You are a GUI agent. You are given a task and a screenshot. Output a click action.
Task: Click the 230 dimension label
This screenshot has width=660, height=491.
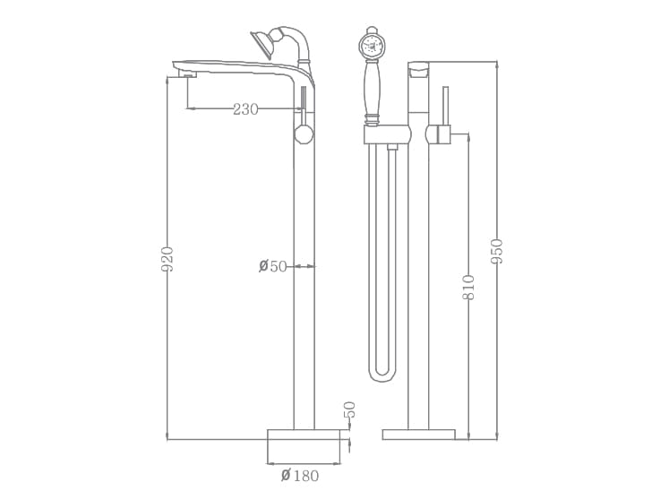click(x=245, y=109)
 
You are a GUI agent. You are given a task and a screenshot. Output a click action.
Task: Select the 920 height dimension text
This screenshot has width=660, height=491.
click(x=167, y=259)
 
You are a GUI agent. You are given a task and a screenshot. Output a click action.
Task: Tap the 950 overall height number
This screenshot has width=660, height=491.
click(x=497, y=251)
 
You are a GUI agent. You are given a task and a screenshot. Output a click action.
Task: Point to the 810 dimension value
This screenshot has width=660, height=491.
click(x=468, y=287)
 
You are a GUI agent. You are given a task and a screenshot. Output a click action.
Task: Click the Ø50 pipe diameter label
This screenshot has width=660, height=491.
click(x=273, y=266)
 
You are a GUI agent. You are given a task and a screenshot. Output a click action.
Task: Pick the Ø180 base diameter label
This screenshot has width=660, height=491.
click(x=300, y=476)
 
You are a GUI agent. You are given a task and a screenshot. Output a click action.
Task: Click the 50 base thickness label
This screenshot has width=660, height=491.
click(x=350, y=409)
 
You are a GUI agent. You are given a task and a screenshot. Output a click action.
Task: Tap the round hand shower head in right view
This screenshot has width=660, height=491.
click(x=373, y=46)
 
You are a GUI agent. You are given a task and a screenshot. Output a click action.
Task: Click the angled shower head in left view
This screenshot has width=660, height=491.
click(x=262, y=42)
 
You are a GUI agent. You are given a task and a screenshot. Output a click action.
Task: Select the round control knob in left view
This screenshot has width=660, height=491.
click(x=304, y=134)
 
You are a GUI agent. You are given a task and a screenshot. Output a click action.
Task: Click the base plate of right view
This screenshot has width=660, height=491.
click(x=418, y=435)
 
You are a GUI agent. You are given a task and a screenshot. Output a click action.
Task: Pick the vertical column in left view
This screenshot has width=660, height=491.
click(x=304, y=287)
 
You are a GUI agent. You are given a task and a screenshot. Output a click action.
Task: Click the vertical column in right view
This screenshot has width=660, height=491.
click(x=418, y=287)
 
